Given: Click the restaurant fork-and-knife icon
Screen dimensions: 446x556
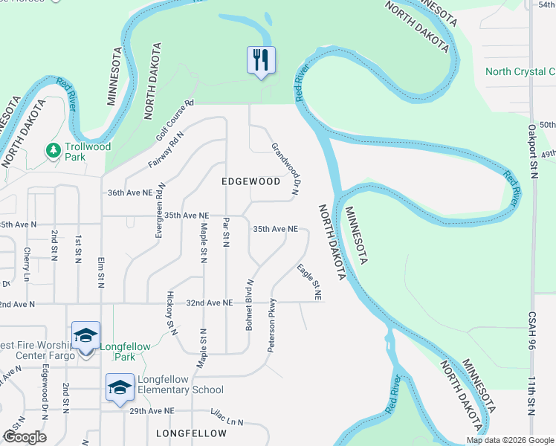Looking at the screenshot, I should point(261,59).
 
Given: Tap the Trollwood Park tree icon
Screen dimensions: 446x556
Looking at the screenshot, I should point(53,151).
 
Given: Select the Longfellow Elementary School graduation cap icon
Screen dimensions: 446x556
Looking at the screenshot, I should point(119,387).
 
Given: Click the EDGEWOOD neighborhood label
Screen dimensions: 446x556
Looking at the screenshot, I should point(251,181).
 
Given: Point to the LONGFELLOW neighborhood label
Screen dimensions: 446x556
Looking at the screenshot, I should point(192,433).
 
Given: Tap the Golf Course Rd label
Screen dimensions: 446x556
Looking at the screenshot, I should point(175,120).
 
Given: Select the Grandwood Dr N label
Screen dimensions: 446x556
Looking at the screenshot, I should point(285,169).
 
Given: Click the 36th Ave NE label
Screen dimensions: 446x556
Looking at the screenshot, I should point(130,192).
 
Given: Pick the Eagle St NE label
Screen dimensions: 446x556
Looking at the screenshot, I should point(308,282).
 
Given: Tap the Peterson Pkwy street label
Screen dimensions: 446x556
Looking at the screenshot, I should point(272,325).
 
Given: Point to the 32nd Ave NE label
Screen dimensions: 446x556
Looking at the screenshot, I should point(210,303).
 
